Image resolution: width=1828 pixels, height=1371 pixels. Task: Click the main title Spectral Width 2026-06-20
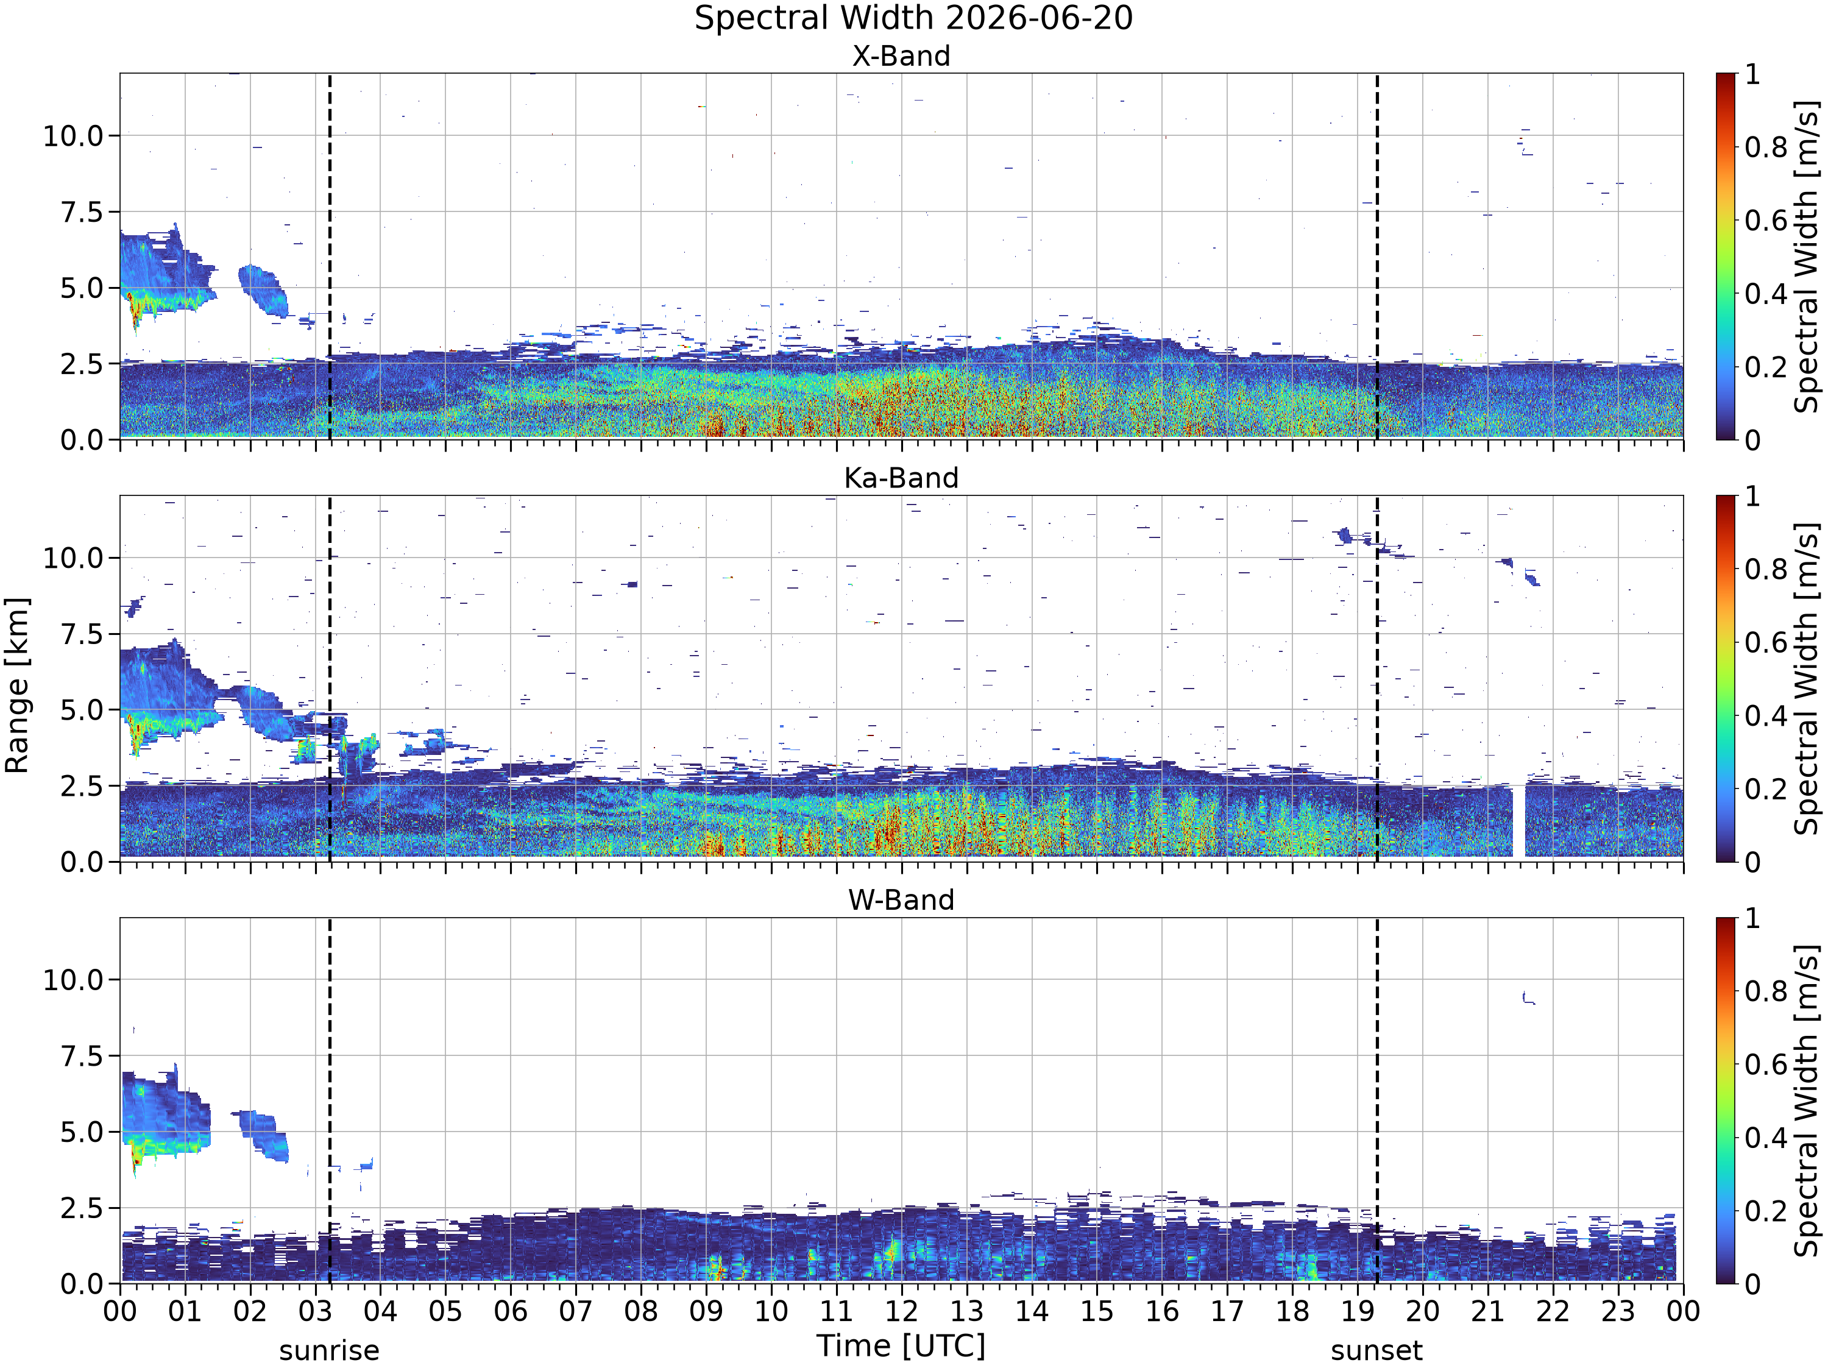pyautogui.click(x=913, y=18)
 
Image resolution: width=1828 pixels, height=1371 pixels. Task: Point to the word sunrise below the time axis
pyautogui.click(x=329, y=1350)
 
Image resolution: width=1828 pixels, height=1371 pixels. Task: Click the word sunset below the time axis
pyautogui.click(x=1376, y=1350)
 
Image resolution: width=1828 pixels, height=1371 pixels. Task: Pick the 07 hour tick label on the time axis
pyautogui.click(x=575, y=1311)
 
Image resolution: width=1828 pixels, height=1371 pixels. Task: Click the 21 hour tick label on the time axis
pyautogui.click(x=1487, y=1311)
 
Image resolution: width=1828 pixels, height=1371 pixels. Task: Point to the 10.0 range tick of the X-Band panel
pyautogui.click(x=74, y=135)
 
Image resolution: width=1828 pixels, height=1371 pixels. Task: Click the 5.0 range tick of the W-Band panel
pyautogui.click(x=83, y=1132)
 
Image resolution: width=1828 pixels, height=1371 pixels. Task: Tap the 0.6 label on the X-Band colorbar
pyautogui.click(x=1766, y=221)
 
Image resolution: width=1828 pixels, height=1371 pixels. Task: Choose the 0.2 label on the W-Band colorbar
pyautogui.click(x=1766, y=1211)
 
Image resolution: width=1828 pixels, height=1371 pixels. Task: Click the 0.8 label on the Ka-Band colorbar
pyautogui.click(x=1766, y=569)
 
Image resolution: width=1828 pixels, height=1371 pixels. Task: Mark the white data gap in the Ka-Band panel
pyautogui.click(x=1519, y=821)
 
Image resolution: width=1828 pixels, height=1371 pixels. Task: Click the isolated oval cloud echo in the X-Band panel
pyautogui.click(x=264, y=291)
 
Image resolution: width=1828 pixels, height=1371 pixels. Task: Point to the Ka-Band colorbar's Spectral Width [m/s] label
pyautogui.click(x=1807, y=678)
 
